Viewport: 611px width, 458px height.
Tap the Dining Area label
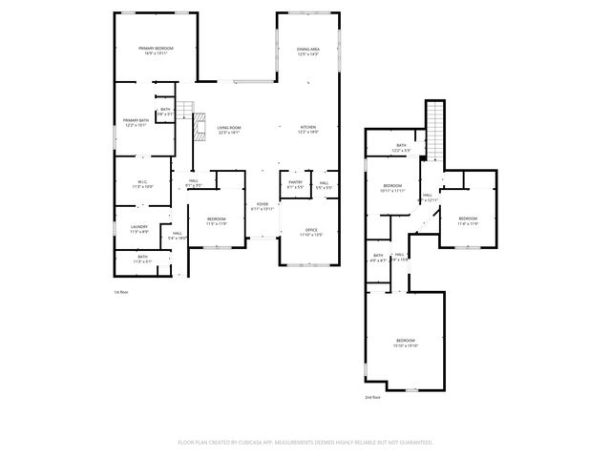(x=307, y=50)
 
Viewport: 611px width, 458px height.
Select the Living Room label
(x=228, y=129)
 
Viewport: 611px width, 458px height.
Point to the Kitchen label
(x=307, y=129)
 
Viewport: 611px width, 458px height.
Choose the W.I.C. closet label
(x=140, y=183)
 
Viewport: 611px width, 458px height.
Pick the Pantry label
(x=295, y=183)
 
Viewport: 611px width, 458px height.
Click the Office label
(x=311, y=231)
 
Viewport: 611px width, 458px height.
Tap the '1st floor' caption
(x=120, y=291)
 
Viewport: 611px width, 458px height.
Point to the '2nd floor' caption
(x=372, y=396)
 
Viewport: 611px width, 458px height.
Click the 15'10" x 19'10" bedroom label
(x=406, y=343)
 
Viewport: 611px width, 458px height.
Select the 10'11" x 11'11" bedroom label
(x=393, y=187)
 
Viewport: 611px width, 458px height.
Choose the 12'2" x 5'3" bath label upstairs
(x=401, y=148)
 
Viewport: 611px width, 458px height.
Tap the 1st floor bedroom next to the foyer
(x=217, y=221)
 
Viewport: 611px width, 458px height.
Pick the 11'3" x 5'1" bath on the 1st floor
(x=142, y=259)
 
